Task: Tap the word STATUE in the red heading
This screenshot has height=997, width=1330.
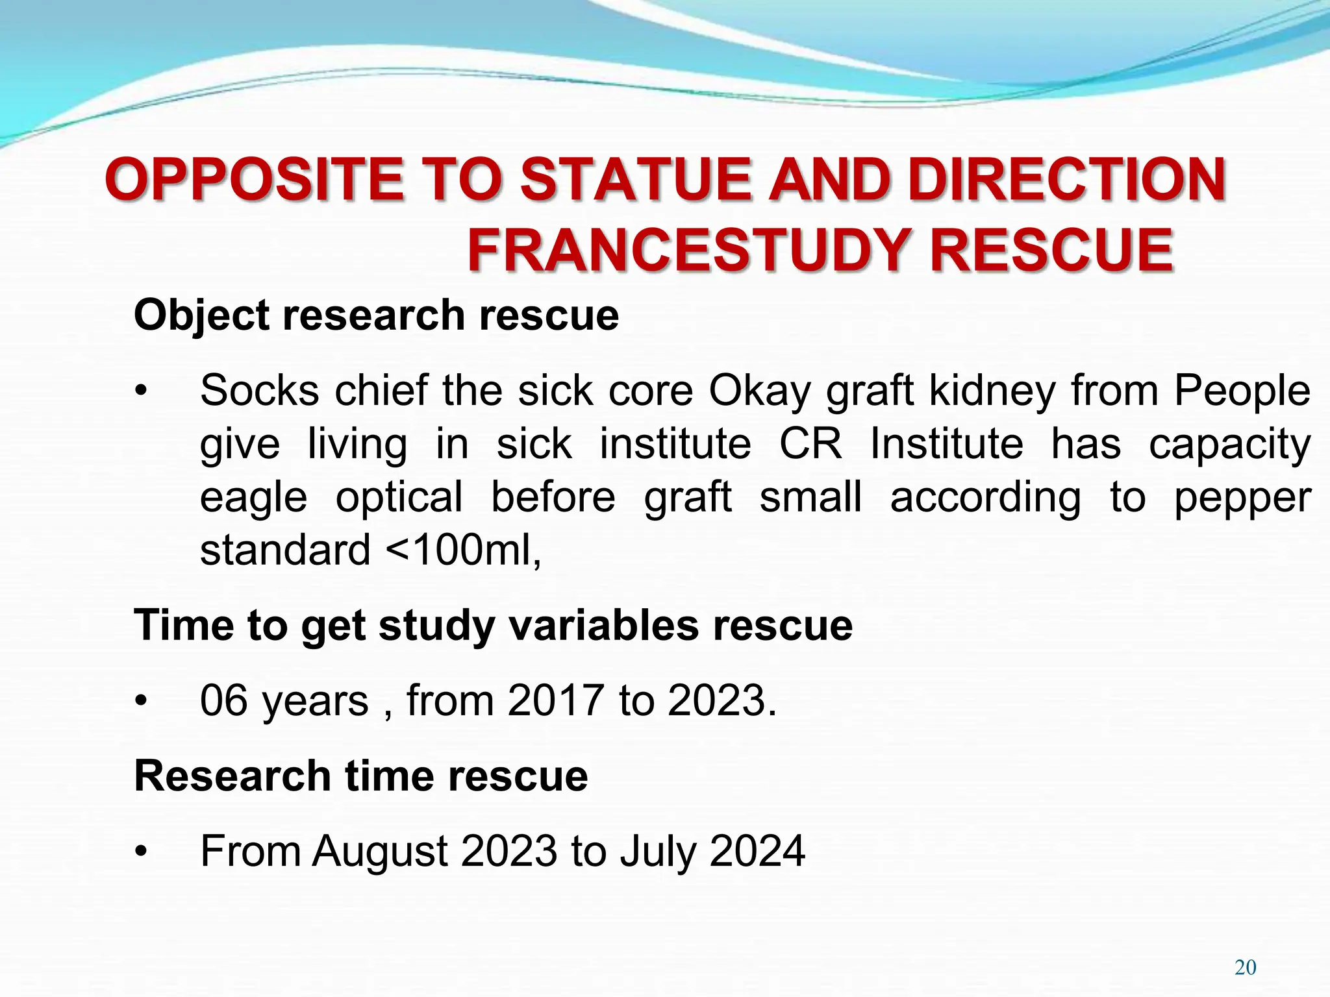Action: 636,180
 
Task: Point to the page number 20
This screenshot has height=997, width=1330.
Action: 1245,968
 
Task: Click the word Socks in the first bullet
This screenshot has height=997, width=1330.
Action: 259,391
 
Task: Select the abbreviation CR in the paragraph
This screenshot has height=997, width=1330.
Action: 810,444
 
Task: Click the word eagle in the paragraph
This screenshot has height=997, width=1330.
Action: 253,497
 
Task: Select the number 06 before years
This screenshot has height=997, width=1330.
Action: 224,701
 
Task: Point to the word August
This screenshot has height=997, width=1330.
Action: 380,852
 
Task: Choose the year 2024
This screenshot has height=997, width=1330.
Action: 757,852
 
